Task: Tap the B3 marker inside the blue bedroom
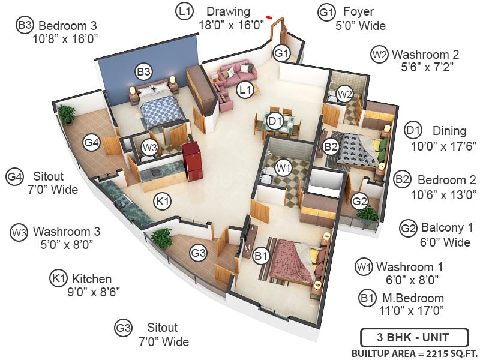[x=143, y=72]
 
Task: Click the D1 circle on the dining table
[x=275, y=121]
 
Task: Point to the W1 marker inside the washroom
[x=284, y=167]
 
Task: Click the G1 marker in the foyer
[x=282, y=53]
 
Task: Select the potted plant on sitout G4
[x=67, y=112]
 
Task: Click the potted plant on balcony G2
[x=367, y=214]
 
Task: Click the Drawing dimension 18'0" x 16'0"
[x=232, y=25]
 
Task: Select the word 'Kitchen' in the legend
[x=92, y=279]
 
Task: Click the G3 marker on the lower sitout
[x=199, y=253]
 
